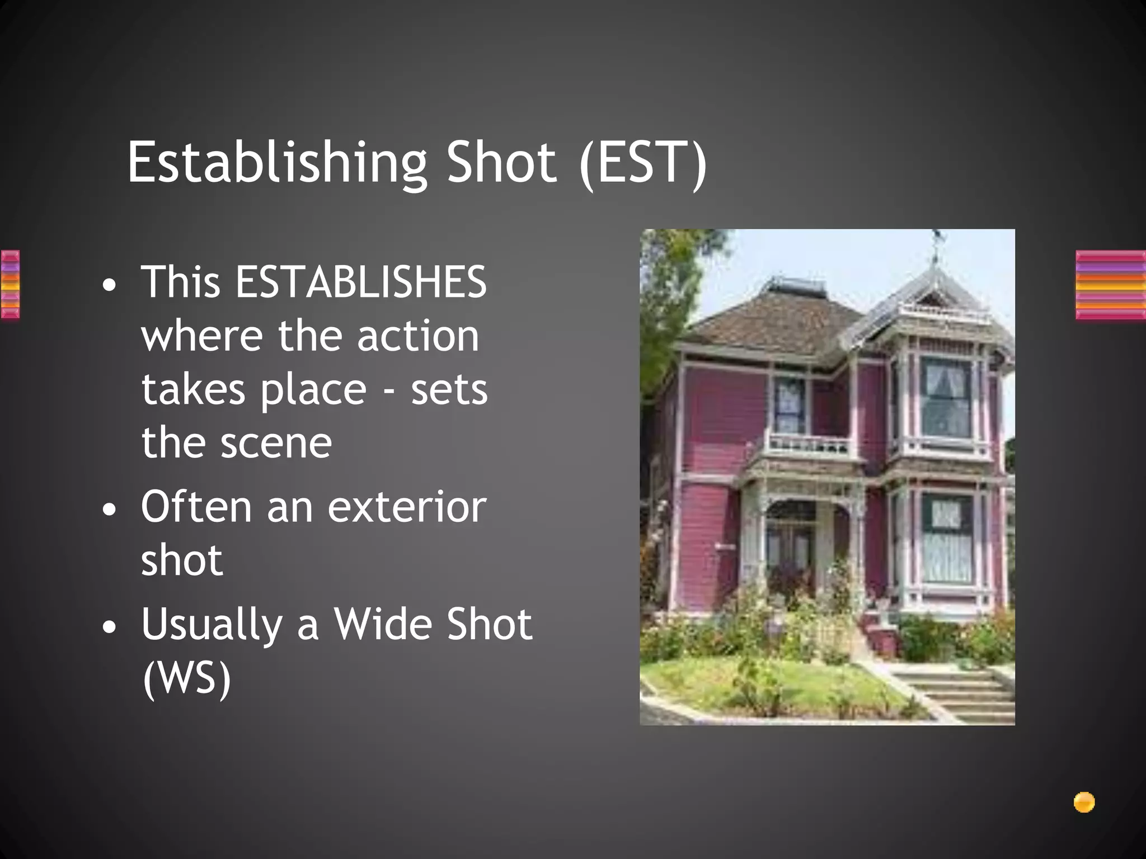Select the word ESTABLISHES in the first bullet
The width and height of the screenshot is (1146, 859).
pos(361,282)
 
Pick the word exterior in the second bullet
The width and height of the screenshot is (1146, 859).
pos(407,507)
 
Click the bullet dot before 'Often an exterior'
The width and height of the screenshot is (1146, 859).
pos(110,509)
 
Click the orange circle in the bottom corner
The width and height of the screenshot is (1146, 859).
pos(1084,803)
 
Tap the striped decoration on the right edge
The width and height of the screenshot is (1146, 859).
pos(1110,285)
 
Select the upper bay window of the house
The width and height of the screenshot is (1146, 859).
pos(946,397)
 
